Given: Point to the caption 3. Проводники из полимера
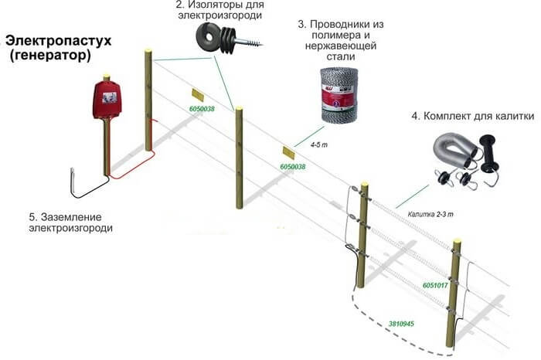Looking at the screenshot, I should pos(340,35).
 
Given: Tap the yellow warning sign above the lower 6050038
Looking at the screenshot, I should pos(289,152).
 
